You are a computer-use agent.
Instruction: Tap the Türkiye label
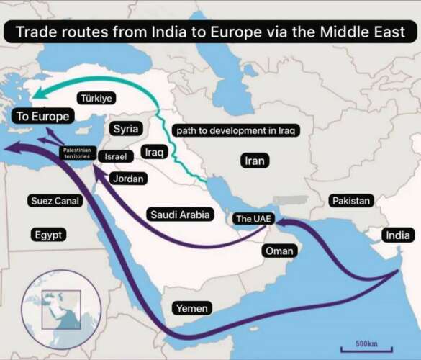pyautogui.click(x=96, y=98)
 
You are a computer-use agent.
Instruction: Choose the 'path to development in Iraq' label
pyautogui.click(x=235, y=130)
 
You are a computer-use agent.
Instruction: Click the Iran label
pyautogui.click(x=255, y=161)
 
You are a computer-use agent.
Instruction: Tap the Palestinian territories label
pyautogui.click(x=76, y=151)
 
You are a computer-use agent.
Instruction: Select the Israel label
pyautogui.click(x=115, y=156)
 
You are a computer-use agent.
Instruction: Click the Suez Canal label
pyautogui.click(x=55, y=201)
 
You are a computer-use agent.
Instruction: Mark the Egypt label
pyautogui.click(x=50, y=235)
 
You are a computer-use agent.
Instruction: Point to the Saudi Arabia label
pyautogui.click(x=180, y=214)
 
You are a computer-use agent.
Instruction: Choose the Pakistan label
pyautogui.click(x=351, y=201)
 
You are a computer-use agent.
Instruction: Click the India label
pyautogui.click(x=399, y=235)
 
